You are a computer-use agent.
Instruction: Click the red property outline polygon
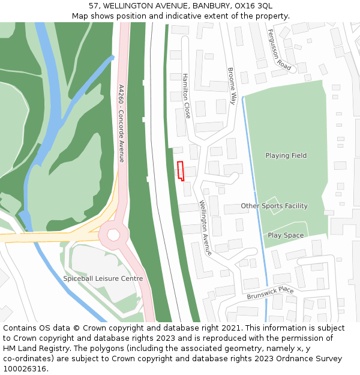180,170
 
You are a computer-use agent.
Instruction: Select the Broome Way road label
232,86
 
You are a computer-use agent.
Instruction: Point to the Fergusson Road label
280,50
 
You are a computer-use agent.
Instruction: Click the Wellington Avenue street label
206,227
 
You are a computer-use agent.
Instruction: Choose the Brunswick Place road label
270,293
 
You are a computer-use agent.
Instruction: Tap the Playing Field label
286,155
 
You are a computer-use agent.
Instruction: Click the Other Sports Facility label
274,206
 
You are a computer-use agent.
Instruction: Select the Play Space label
286,235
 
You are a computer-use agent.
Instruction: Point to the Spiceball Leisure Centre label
103,278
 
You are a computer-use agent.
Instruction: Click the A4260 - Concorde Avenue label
121,123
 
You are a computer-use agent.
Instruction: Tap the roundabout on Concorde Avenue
113,235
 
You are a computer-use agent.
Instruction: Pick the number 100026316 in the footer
25,368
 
